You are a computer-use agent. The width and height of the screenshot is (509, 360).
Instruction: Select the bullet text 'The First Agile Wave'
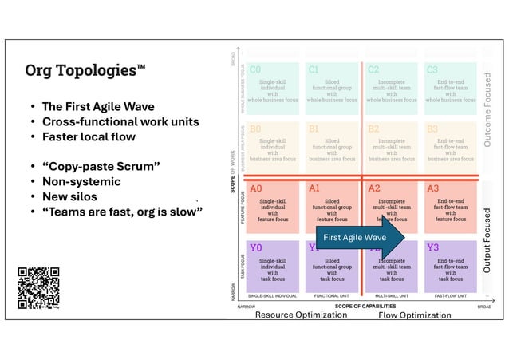tap(98, 106)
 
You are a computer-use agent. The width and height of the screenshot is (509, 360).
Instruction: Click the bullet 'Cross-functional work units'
tap(120, 121)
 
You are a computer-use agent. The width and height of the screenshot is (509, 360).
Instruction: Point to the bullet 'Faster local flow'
tap(88, 136)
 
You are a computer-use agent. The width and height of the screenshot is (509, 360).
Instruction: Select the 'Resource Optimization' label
tap(301, 315)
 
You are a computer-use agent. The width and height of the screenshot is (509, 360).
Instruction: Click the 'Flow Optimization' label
tap(414, 315)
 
